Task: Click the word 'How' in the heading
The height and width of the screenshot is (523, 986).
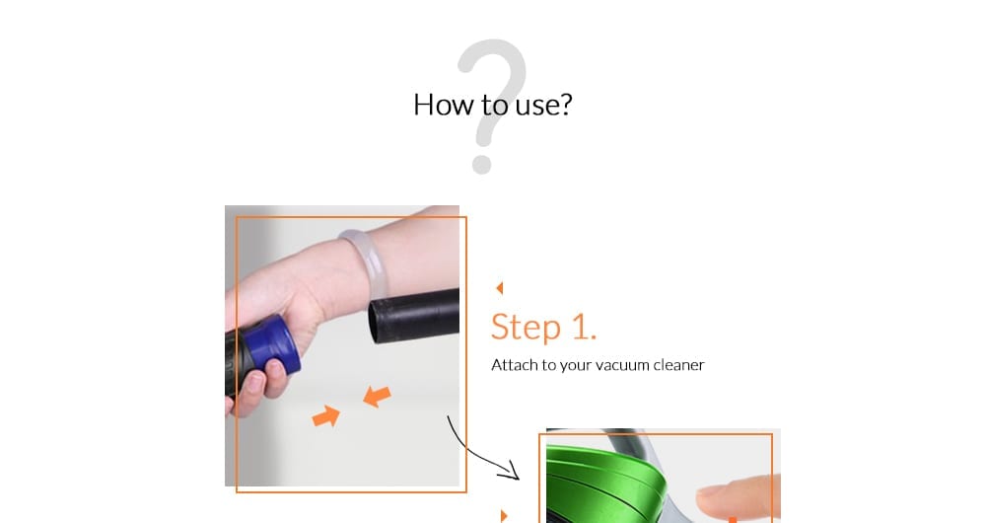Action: click(x=443, y=105)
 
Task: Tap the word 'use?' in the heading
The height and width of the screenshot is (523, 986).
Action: click(x=544, y=105)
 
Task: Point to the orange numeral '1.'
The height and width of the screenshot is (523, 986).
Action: click(x=584, y=328)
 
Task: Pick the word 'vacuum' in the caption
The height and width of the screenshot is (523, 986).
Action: click(x=622, y=366)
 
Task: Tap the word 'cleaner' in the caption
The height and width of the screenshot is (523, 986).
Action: click(x=678, y=365)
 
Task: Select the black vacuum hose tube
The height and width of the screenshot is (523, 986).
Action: click(x=414, y=316)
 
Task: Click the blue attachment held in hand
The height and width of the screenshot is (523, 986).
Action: click(x=272, y=346)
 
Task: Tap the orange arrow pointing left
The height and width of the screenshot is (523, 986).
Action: click(x=378, y=397)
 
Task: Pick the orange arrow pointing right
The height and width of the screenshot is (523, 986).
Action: click(x=325, y=416)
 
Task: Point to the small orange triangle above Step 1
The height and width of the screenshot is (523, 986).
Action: click(x=499, y=288)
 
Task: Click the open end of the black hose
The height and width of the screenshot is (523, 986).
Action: click(x=376, y=322)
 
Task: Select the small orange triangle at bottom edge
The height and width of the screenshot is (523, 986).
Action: click(x=504, y=516)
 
